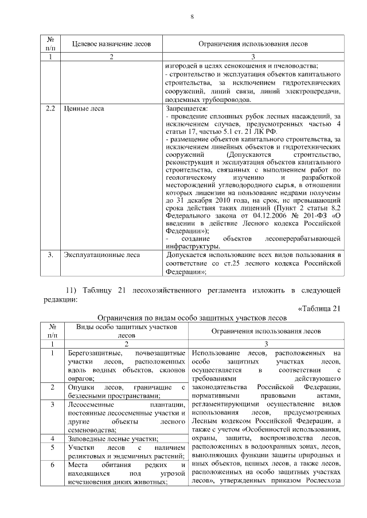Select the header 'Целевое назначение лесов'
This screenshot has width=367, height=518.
tap(111, 44)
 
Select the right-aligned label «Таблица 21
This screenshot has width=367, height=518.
tap(320, 309)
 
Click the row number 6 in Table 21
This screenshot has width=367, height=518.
tap(52, 466)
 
